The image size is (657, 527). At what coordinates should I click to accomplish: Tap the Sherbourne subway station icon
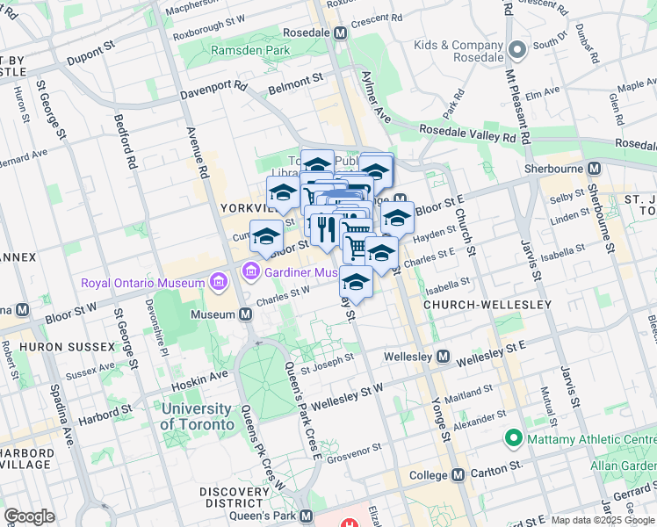(595, 169)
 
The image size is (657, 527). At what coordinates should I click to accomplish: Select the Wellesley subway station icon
(443, 357)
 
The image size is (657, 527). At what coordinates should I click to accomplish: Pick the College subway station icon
(464, 474)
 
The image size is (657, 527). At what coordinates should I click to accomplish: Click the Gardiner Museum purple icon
(252, 271)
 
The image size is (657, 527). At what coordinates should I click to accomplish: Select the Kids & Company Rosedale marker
(518, 49)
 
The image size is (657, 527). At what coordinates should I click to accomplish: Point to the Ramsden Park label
(251, 51)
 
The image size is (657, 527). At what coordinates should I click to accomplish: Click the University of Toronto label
(198, 416)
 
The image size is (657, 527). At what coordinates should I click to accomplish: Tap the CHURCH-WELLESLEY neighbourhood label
(487, 305)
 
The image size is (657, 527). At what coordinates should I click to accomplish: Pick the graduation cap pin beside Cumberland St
(266, 236)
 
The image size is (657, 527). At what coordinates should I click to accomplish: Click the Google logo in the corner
(29, 516)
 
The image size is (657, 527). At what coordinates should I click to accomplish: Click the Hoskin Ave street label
(206, 373)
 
